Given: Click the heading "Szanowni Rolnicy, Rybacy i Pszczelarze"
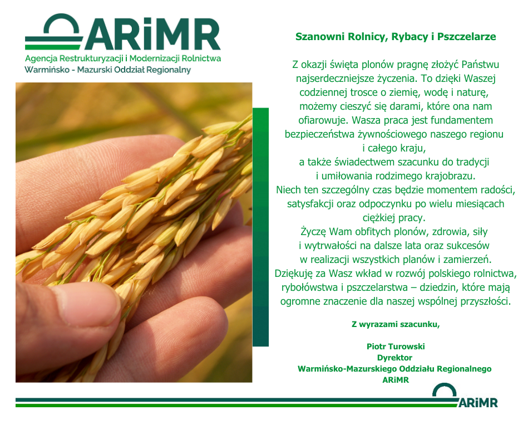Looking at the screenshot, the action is [x=396, y=36].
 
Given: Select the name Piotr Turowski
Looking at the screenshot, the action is [x=396, y=346].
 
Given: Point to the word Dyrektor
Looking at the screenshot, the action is [x=394, y=358].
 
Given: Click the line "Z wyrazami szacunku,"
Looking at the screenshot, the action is [x=396, y=324].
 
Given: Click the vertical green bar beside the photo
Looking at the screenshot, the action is [x=260, y=227].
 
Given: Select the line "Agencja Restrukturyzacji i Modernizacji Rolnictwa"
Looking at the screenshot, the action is [x=123, y=58].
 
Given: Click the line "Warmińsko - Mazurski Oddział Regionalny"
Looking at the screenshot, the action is [x=108, y=70].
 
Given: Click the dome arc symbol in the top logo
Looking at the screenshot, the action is [x=61, y=23].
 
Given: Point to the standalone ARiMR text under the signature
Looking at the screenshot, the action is [x=396, y=380].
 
